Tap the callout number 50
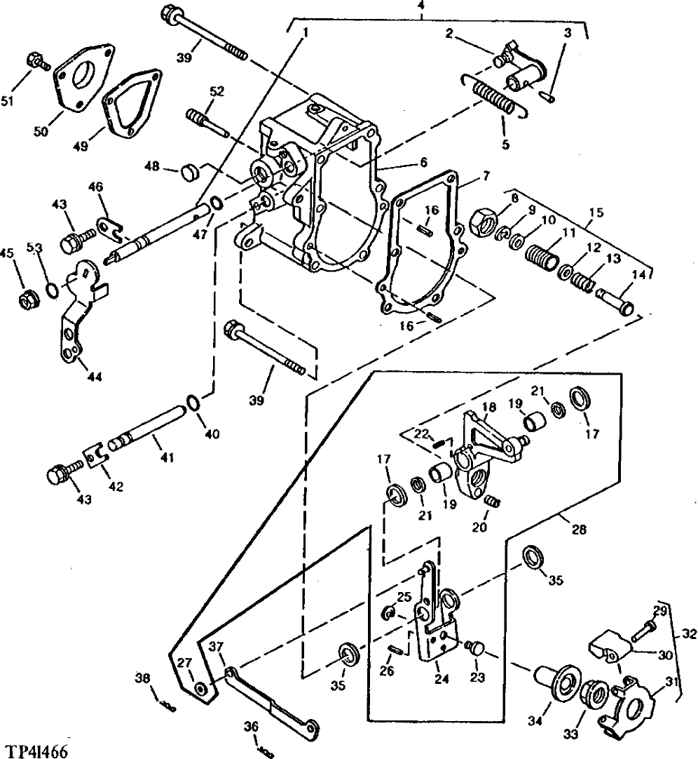point(41,131)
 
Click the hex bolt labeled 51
point(35,62)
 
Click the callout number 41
point(166,457)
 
